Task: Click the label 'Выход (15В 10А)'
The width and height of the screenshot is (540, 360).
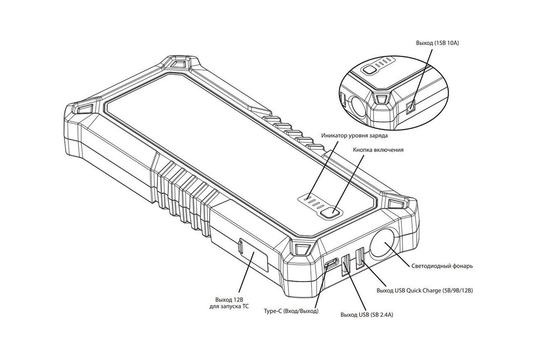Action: pos(437,43)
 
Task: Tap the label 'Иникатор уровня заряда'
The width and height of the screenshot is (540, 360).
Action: pos(355,135)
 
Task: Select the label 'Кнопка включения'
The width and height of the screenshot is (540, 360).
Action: pos(378,150)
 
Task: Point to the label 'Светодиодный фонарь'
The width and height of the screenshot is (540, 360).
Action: pos(442,266)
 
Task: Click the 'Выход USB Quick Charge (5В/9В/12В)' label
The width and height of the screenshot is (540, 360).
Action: pos(424,291)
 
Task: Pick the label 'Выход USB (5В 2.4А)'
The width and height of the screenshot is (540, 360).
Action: pos(366,315)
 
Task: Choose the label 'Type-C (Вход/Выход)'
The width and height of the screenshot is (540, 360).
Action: pos(291,311)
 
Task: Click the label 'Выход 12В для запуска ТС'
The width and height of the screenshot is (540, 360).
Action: pos(229,303)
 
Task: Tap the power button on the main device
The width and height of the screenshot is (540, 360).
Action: pos(331,212)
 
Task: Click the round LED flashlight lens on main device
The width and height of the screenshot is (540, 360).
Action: pos(382,243)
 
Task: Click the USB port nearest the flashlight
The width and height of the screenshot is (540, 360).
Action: pos(360,258)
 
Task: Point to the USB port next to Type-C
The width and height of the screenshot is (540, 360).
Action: pos(346,265)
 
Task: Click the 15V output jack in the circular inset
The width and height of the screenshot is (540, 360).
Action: pos(410,107)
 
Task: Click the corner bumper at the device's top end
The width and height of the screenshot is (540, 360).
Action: pos(179,63)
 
